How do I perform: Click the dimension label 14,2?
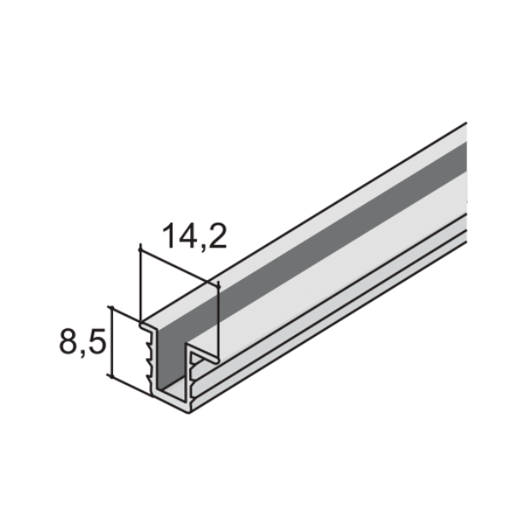coord(194,236)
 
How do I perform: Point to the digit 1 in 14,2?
coord(169,236)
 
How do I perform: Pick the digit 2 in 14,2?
coord(218,236)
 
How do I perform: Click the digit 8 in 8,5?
coord(68,341)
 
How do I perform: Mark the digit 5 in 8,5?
coord(98,341)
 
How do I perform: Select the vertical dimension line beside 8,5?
coord(111,342)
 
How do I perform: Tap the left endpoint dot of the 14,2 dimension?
coord(140,250)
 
